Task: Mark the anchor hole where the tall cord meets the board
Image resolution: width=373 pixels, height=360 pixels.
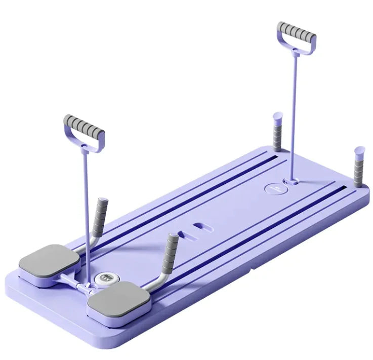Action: click(291, 180)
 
